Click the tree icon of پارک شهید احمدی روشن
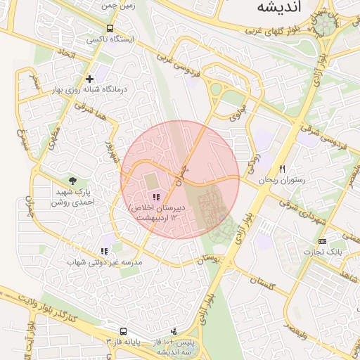pyautogui.click(x=74, y=181)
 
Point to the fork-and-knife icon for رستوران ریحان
pyautogui.click(x=282, y=169)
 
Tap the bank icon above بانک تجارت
pyautogui.click(x=322, y=241)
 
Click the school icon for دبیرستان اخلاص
pyautogui.click(x=155, y=198)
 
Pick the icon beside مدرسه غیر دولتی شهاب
pyautogui.click(x=104, y=251)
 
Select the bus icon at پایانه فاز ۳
pyautogui.click(x=123, y=330)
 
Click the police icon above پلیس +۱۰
pyautogui.click(x=174, y=332)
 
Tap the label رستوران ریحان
pyautogui.click(x=280, y=181)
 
